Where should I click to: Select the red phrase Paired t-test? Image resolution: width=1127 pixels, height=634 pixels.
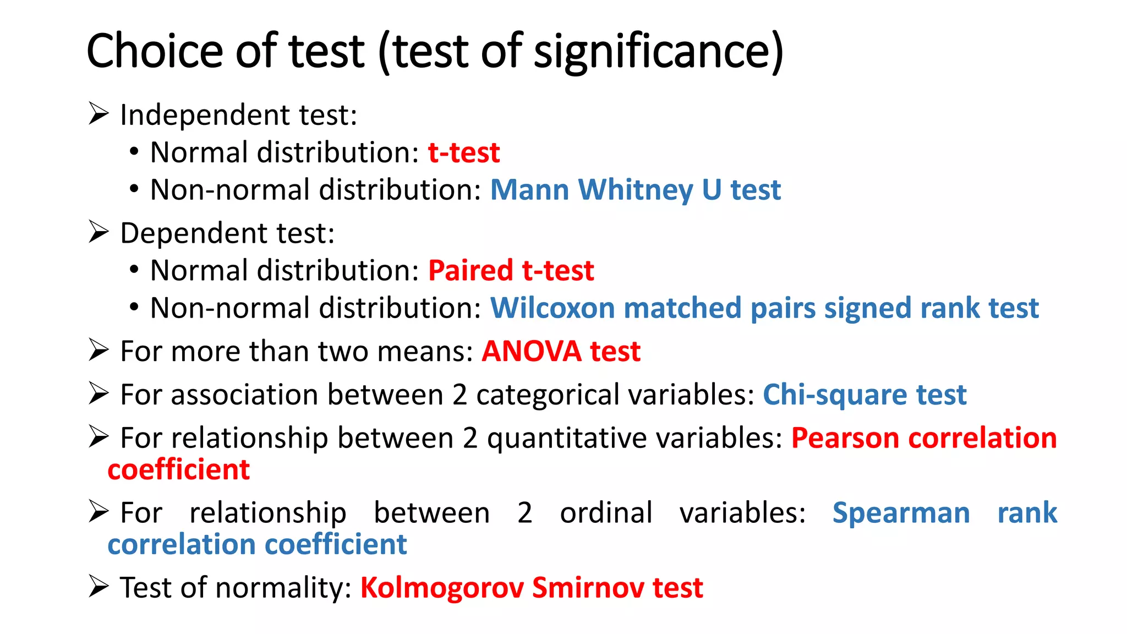pyautogui.click(x=511, y=271)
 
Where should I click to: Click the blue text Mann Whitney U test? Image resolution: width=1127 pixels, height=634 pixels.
pyautogui.click(x=635, y=190)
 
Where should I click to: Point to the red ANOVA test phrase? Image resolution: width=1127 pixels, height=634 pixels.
pyautogui.click(x=561, y=351)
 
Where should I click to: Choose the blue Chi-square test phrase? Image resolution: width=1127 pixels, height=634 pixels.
pyautogui.click(x=864, y=395)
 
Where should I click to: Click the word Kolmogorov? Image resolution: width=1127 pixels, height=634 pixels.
pyautogui.click(x=441, y=588)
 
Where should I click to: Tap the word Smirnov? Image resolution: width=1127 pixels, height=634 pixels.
pyautogui.click(x=587, y=588)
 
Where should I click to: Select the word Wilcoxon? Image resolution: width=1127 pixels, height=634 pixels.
pyautogui.click(x=552, y=308)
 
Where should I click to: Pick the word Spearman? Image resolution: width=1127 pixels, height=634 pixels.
pyautogui.click(x=901, y=513)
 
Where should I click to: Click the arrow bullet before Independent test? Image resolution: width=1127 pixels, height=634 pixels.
pyautogui.click(x=99, y=114)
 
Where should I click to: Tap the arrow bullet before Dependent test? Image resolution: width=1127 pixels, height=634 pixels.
pyautogui.click(x=99, y=232)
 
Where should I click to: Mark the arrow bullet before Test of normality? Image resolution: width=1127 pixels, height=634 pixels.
pyautogui.click(x=99, y=587)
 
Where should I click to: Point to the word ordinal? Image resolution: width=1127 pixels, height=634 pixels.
pyautogui.click(x=606, y=513)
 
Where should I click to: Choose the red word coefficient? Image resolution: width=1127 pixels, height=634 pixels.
pyautogui.click(x=179, y=469)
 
